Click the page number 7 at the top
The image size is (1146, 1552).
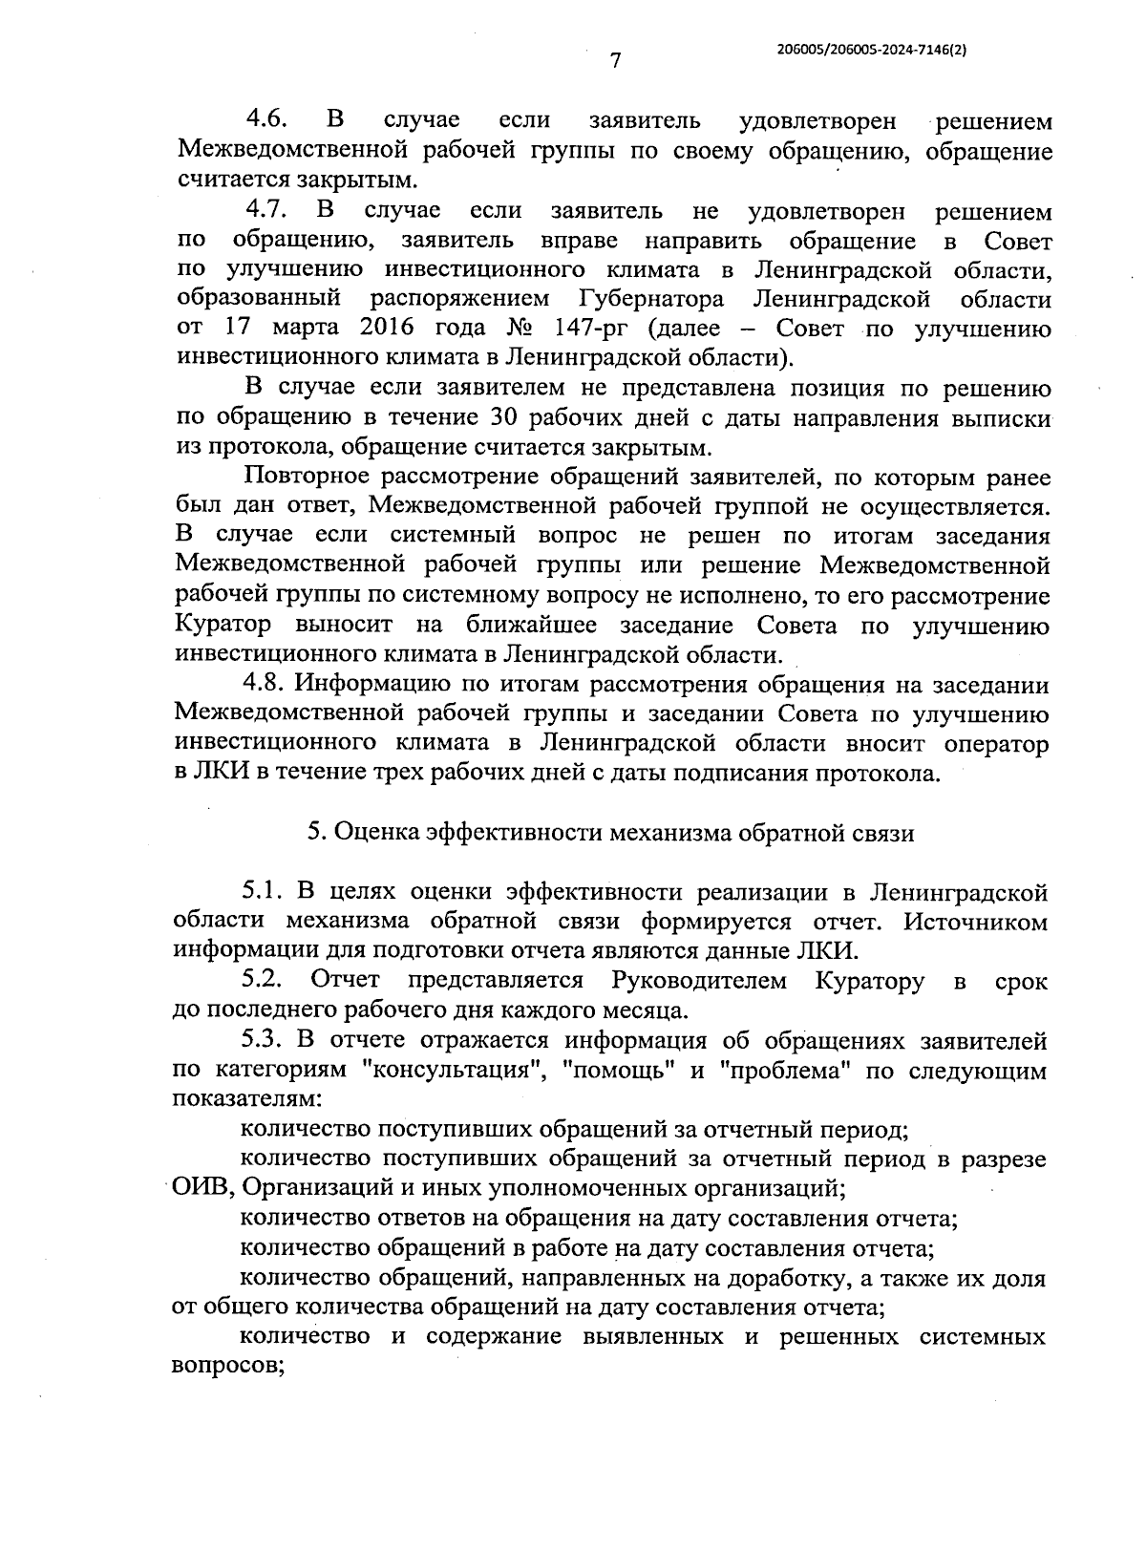click(x=615, y=61)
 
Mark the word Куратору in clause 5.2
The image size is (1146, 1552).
click(x=869, y=980)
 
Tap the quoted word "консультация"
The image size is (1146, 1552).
click(x=450, y=1070)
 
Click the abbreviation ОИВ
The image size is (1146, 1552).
click(x=202, y=1188)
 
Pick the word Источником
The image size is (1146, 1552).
click(x=974, y=922)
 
